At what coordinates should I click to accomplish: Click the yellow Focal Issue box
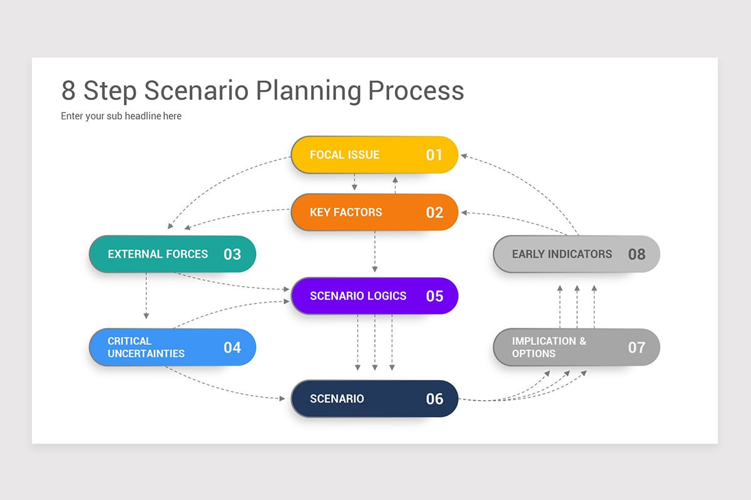coord(374,154)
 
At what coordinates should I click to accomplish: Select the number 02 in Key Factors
coord(434,212)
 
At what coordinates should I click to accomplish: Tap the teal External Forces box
coord(172,254)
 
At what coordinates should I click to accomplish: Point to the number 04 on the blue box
coord(232,347)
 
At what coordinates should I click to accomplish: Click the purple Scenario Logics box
coord(374,296)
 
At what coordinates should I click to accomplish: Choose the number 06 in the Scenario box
coord(434,399)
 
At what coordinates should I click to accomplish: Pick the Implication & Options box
coord(576,347)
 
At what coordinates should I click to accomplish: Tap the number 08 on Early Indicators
coord(636,254)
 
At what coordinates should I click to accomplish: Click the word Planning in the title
coord(309,91)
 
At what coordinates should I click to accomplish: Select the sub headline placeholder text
coord(121,116)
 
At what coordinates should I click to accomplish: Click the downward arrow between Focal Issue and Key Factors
coord(355,182)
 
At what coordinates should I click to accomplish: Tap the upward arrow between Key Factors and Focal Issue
coord(395,184)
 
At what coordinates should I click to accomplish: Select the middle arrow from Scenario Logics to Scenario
coord(375,342)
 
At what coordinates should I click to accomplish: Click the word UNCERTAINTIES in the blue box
coord(146,354)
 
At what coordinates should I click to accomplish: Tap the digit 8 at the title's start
coord(69,91)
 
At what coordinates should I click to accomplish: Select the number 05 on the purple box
coord(434,296)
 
